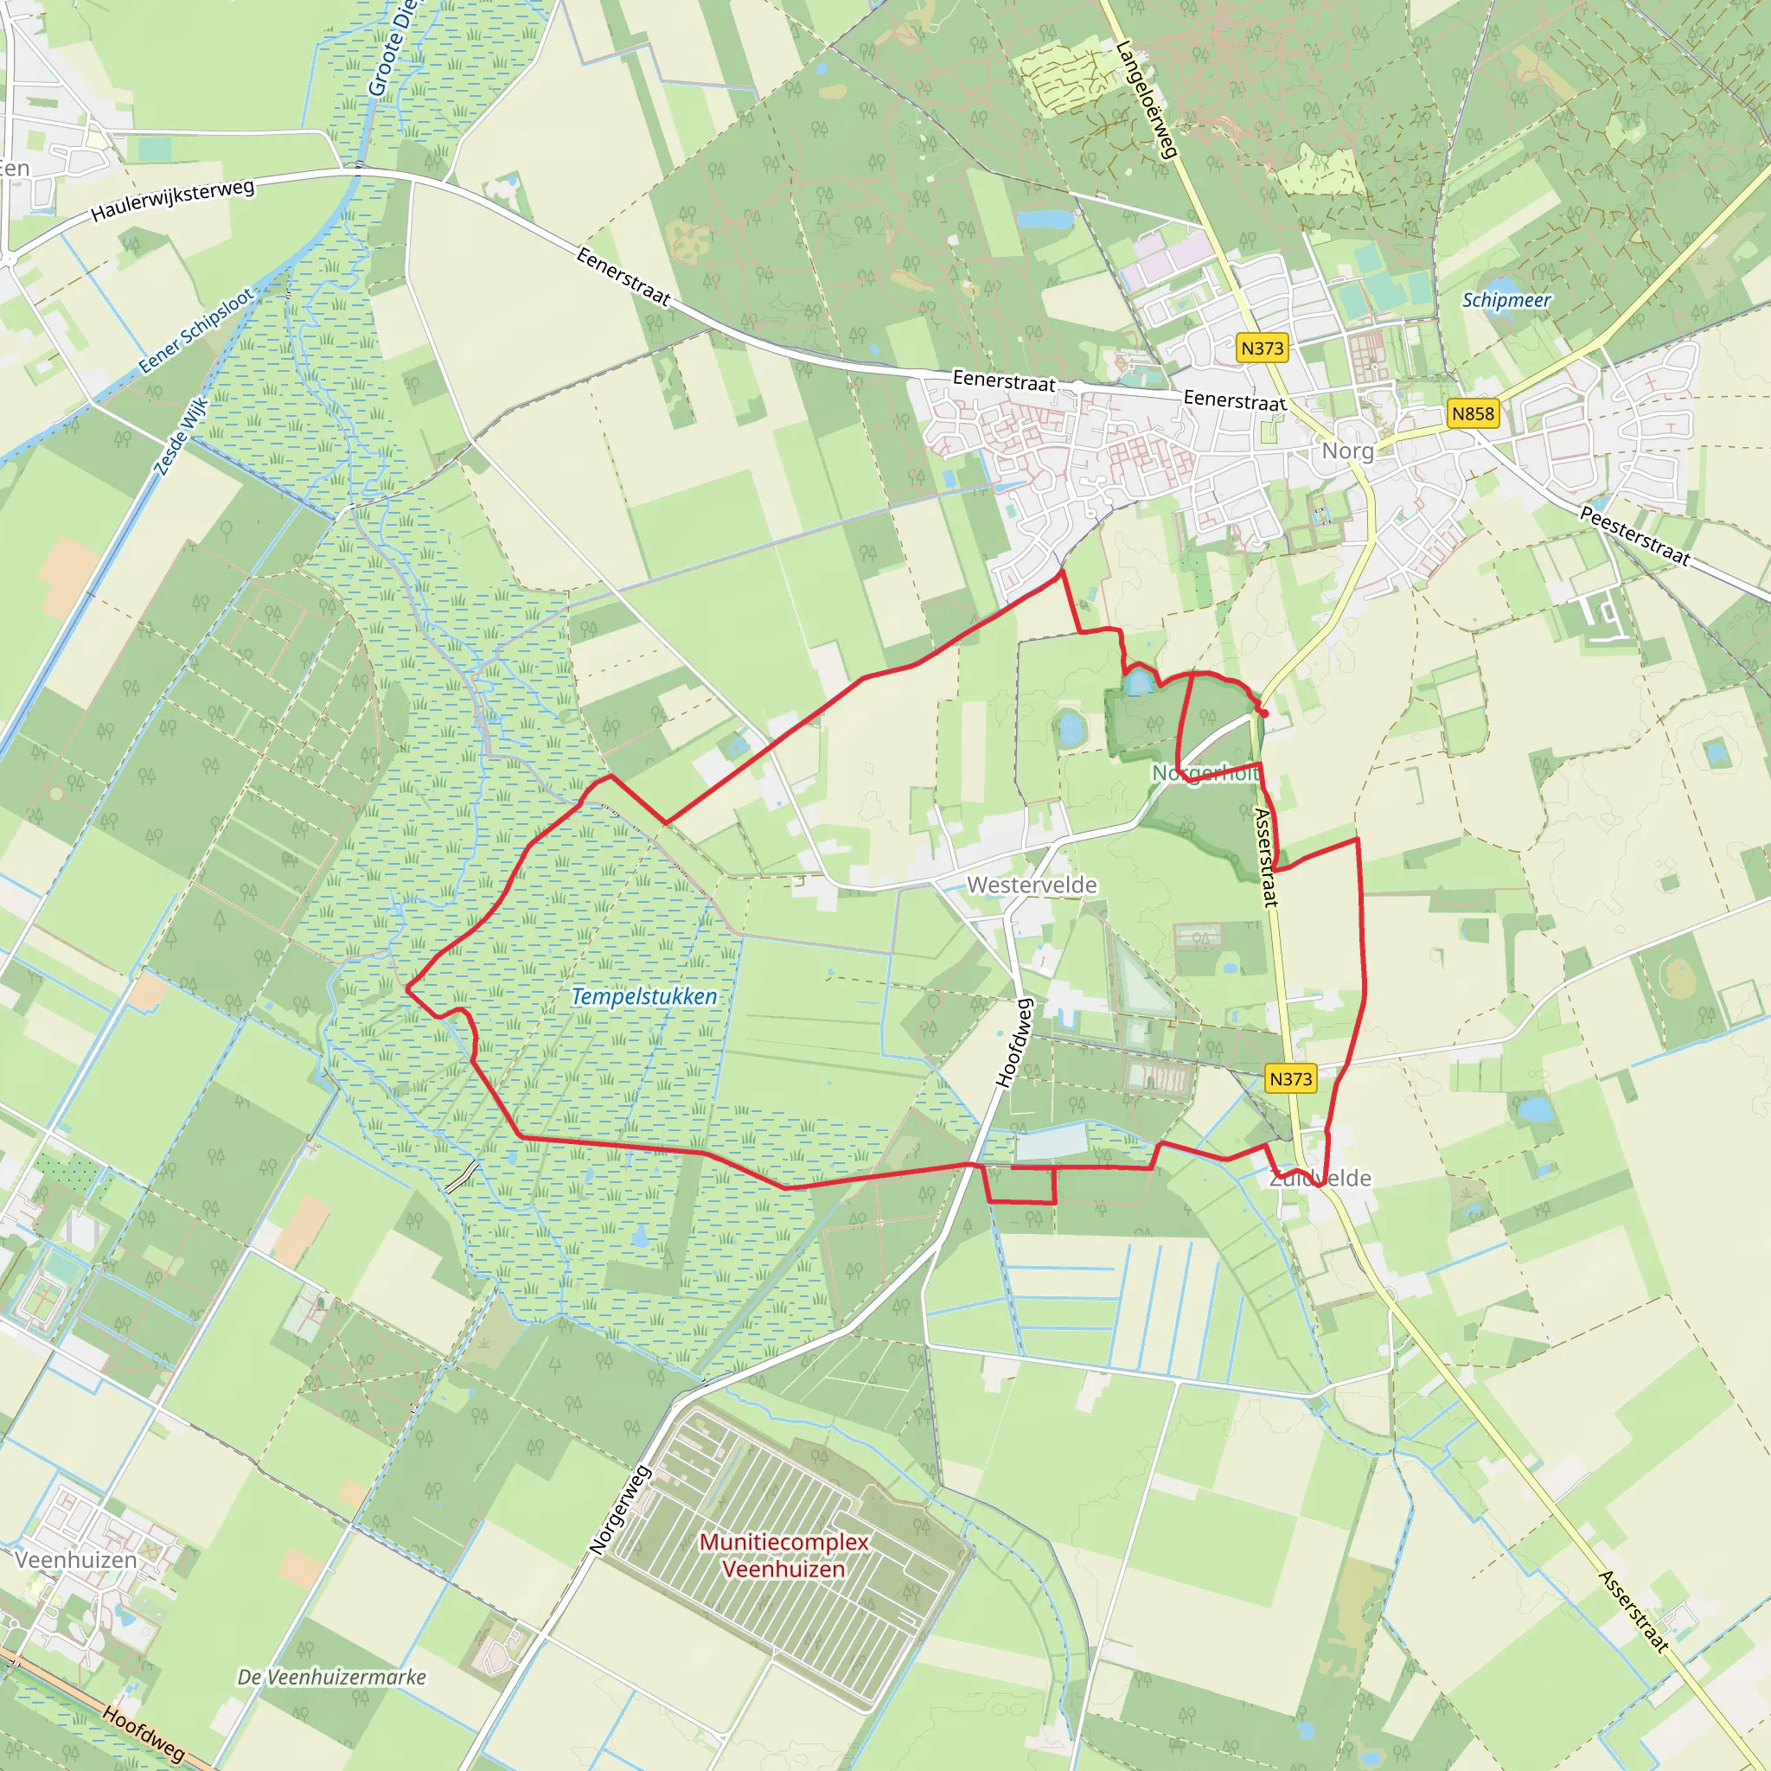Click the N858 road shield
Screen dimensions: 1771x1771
(x=1472, y=413)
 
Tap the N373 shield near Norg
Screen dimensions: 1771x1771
(x=1263, y=348)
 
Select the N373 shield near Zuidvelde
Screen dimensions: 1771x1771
(x=1291, y=1079)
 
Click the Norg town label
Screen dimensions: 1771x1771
(x=1347, y=451)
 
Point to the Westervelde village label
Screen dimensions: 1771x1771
(x=1032, y=885)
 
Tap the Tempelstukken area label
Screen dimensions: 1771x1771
(x=644, y=996)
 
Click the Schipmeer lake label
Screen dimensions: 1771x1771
(x=1506, y=300)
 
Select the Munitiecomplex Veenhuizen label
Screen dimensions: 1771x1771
(x=783, y=1556)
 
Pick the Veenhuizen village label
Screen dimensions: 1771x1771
(x=75, y=1559)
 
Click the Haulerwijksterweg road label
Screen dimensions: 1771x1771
(x=172, y=201)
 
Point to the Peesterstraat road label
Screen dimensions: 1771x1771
(x=1634, y=535)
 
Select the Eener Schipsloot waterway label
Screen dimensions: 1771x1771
(x=196, y=331)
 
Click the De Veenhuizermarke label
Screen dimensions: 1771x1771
(x=332, y=1677)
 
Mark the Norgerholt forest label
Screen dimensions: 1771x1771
(x=1205, y=773)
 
